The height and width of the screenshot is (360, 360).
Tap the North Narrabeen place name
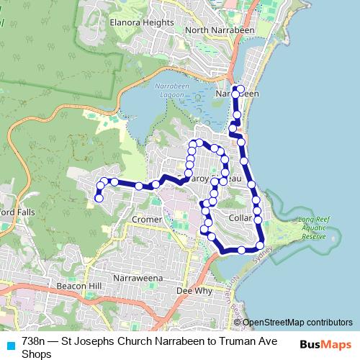[215, 30]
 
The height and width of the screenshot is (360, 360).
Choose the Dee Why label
[192, 291]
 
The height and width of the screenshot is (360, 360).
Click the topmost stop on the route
[235, 89]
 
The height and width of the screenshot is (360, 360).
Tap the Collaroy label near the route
[237, 216]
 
